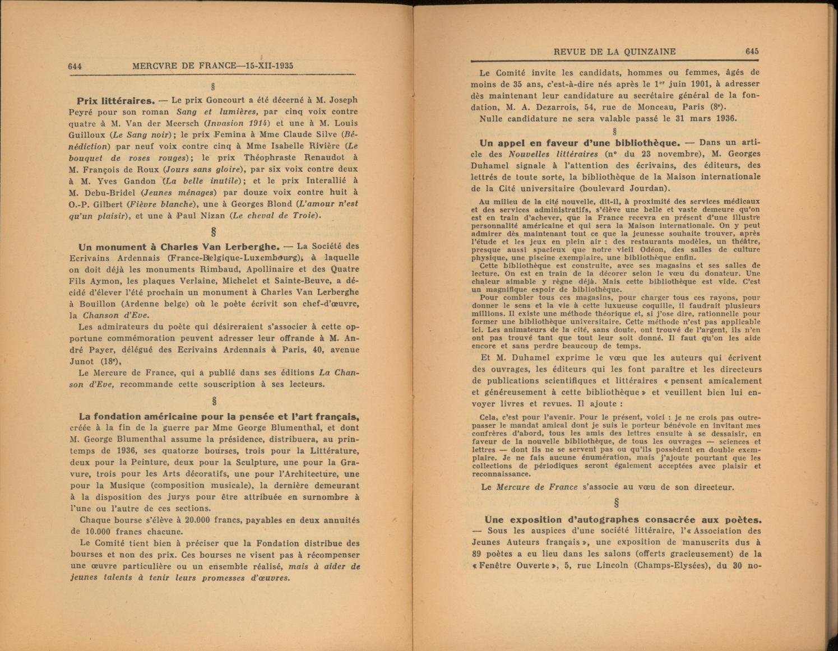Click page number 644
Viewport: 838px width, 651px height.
pyautogui.click(x=75, y=66)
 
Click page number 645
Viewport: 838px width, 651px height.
pyautogui.click(x=752, y=52)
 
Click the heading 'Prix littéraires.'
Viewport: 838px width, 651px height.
pyautogui.click(x=115, y=101)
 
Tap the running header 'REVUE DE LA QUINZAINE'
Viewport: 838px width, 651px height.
pyautogui.click(x=614, y=52)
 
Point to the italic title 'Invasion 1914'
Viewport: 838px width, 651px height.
pyautogui.click(x=238, y=123)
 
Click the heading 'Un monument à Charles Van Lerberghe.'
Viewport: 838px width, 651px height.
pyautogui.click(x=179, y=247)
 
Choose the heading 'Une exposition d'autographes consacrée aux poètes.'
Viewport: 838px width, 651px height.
pyautogui.click(x=623, y=519)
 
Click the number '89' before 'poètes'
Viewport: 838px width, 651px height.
pyautogui.click(x=478, y=554)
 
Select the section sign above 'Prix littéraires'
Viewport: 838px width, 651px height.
pyautogui.click(x=213, y=87)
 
